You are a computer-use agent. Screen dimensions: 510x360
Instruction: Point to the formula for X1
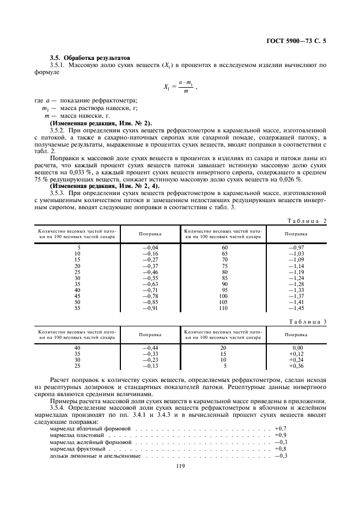[179, 86]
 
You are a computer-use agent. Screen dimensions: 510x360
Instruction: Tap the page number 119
[180, 465]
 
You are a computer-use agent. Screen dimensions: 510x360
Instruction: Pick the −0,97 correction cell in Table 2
[296, 248]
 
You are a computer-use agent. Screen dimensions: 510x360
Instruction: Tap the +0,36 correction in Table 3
[296, 366]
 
